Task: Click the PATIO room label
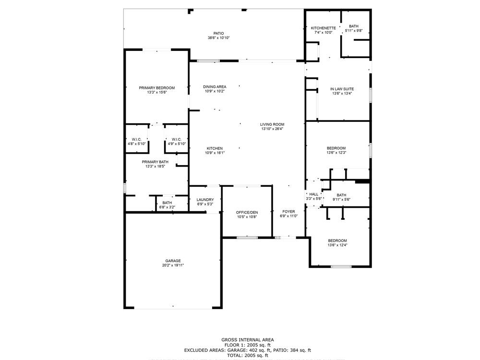coord(218,33)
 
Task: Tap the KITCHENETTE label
coord(323,28)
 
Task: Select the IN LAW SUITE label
coord(342,89)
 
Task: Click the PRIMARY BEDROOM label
coord(156,88)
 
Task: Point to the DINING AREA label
coord(215,87)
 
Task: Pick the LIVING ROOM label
coord(272,124)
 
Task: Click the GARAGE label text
coord(173,261)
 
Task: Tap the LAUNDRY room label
coord(205,200)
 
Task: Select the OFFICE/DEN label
coord(247,212)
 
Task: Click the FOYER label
coord(288,212)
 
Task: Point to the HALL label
coord(313,194)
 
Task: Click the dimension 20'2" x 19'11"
coord(173,265)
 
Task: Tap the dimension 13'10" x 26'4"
coord(272,129)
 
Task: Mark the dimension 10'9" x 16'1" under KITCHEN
coord(215,153)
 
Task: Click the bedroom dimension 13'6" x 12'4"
coord(337,245)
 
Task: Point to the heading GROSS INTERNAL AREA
coord(247,340)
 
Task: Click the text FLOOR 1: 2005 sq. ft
coord(247,345)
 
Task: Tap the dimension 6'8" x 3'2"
coord(167,207)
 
